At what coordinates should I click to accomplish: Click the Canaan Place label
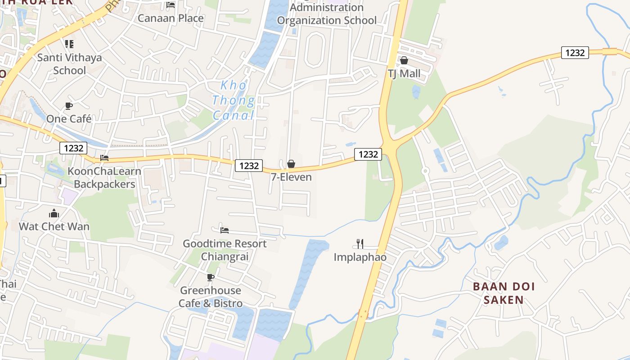171,18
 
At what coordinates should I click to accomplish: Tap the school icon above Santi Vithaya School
69,44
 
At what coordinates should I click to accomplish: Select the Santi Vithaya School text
69,64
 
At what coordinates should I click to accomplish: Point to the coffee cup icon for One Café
68,106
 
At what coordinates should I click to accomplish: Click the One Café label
69,119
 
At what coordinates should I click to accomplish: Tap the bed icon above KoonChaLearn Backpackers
104,158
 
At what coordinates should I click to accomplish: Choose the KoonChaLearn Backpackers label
104,178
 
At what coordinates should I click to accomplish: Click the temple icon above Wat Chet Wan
54,213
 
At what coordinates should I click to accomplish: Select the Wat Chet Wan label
54,226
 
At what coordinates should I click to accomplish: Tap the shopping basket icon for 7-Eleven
291,164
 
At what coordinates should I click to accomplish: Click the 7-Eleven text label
291,177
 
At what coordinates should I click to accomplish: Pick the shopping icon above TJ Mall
404,60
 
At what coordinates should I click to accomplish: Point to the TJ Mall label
404,73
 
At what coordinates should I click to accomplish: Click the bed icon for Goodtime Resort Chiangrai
225,230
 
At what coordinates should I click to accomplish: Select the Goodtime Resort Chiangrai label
225,250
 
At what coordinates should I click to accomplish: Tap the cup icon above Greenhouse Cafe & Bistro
210,277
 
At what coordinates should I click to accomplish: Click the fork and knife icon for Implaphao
360,244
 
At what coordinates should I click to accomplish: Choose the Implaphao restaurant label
360,257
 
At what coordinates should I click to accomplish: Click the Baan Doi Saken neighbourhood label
504,293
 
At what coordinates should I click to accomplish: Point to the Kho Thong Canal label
234,100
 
